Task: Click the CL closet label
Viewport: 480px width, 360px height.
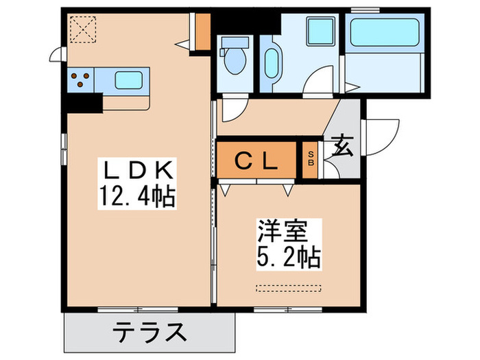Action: point(256,162)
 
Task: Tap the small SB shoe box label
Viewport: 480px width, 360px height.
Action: point(311,159)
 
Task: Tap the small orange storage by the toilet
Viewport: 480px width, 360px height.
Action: point(202,30)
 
